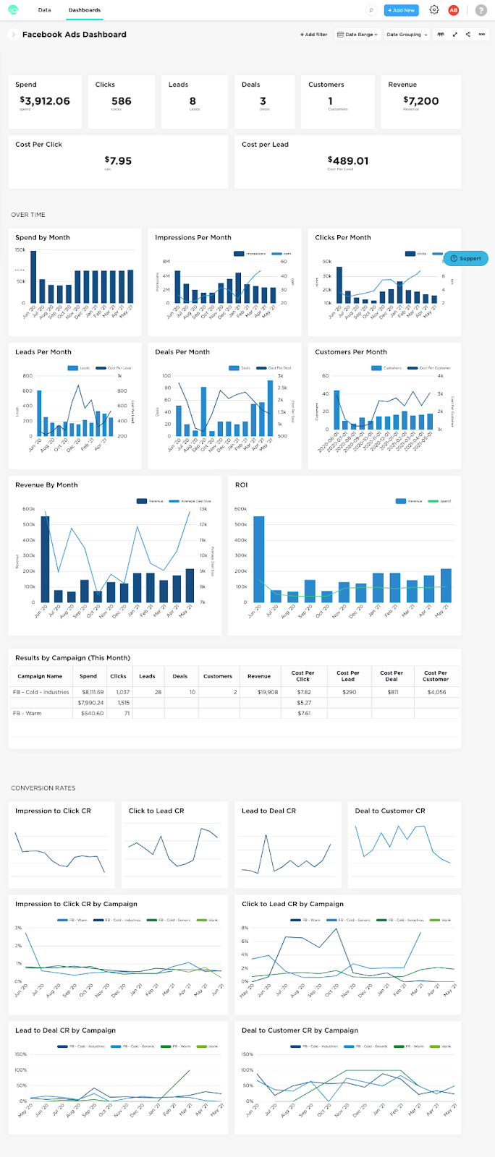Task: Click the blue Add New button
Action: [x=401, y=10]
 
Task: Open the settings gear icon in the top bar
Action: [x=434, y=10]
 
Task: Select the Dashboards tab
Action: [x=85, y=10]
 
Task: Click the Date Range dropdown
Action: [x=357, y=35]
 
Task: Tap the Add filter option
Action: [x=314, y=35]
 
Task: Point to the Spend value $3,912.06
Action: [x=45, y=101]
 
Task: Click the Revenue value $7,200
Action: [x=421, y=101]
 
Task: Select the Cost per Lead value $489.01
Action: [x=348, y=161]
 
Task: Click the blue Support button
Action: [x=466, y=258]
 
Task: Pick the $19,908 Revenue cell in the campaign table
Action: [x=267, y=692]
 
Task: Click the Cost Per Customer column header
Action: [x=436, y=676]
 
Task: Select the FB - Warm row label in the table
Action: [x=27, y=713]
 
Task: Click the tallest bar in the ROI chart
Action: [x=258, y=558]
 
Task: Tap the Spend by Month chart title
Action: [x=43, y=237]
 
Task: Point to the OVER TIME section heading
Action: [x=28, y=215]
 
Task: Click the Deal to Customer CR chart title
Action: [x=389, y=811]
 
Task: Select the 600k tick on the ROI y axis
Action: [x=240, y=509]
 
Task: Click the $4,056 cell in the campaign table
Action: [x=436, y=692]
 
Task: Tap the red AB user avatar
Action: [x=454, y=10]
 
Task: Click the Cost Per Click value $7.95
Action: [x=118, y=161]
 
